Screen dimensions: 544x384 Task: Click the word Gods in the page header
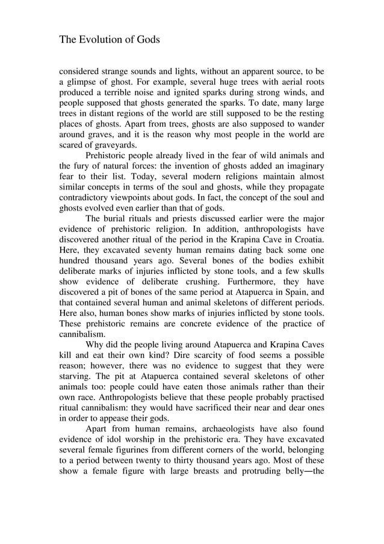click(147, 40)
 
